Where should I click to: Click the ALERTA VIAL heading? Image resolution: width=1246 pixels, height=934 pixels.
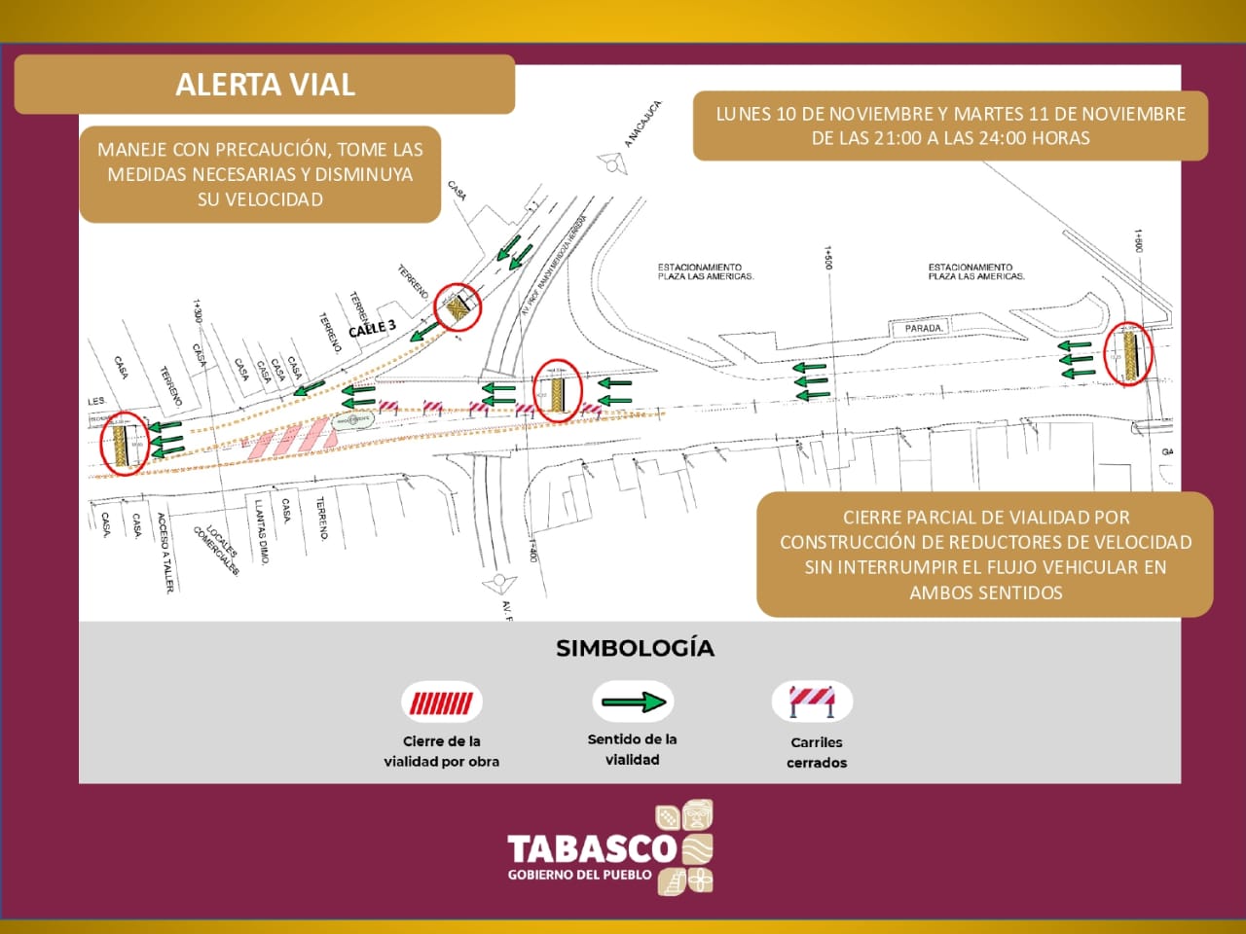point(265,85)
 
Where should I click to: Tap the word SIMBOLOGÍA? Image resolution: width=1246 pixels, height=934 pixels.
point(635,648)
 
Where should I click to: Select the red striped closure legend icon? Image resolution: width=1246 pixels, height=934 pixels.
point(441,702)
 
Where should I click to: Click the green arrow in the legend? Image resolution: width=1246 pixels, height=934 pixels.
point(633,701)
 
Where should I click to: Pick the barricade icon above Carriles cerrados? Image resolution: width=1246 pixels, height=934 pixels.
point(812,701)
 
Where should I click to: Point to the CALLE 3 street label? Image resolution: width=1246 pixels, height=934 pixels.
point(372,329)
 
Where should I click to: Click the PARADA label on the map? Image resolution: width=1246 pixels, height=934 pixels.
point(923,328)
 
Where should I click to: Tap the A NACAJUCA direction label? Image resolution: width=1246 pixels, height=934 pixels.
point(642,124)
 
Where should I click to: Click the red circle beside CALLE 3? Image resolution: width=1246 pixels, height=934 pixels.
point(458,308)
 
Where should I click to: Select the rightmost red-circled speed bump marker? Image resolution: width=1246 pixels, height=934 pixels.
point(1129,355)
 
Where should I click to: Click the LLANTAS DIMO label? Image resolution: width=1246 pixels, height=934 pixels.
point(261,531)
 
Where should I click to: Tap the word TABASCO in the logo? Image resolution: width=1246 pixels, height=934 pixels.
point(591,848)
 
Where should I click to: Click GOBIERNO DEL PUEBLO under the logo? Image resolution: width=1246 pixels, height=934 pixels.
point(579,875)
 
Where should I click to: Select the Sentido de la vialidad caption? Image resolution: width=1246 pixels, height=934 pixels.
point(632,749)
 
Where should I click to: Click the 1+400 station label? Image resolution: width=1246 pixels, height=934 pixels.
point(532,550)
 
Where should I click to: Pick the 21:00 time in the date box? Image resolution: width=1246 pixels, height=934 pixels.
point(897,138)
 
